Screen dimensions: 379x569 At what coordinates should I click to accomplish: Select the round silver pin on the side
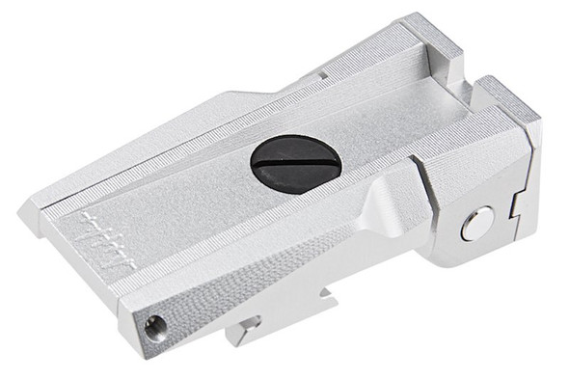tap(474, 225)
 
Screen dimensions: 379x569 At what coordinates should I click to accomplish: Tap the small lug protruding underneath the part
tap(245, 331)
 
